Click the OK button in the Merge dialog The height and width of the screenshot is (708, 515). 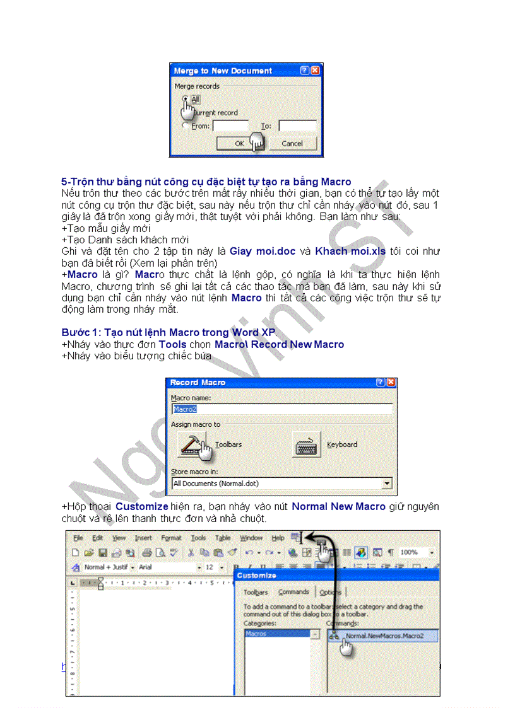point(239,144)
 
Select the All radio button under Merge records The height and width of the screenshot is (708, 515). point(185,99)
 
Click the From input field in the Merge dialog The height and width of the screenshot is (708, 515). point(230,126)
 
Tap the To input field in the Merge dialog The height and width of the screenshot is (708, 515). point(297,126)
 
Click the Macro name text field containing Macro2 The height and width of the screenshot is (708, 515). point(281,409)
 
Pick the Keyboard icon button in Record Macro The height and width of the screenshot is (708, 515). point(307,444)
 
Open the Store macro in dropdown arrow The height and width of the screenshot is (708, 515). point(387,484)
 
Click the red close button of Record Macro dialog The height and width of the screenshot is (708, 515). point(391,383)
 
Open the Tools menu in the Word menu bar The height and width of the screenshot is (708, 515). point(198,538)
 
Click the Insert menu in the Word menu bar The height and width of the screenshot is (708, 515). point(143,538)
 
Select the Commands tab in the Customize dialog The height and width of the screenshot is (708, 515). point(293,592)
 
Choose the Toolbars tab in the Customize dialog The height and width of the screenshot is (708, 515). point(256,593)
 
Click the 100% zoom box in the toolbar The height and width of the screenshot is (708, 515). point(412,552)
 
